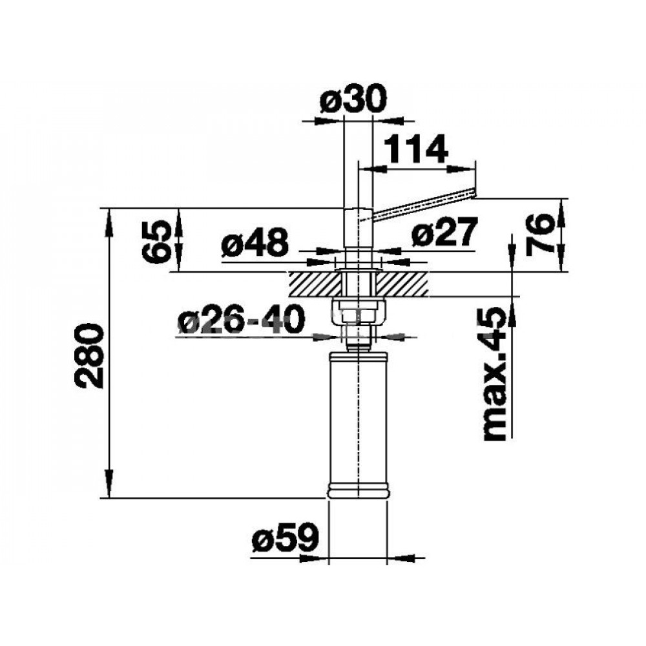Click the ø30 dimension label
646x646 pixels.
354,99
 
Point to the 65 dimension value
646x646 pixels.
156,241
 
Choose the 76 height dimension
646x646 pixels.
539,235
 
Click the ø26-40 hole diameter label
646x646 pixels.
242,320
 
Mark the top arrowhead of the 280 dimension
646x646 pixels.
109,222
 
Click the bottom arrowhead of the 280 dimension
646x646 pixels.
109,484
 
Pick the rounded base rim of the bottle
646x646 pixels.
358,492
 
